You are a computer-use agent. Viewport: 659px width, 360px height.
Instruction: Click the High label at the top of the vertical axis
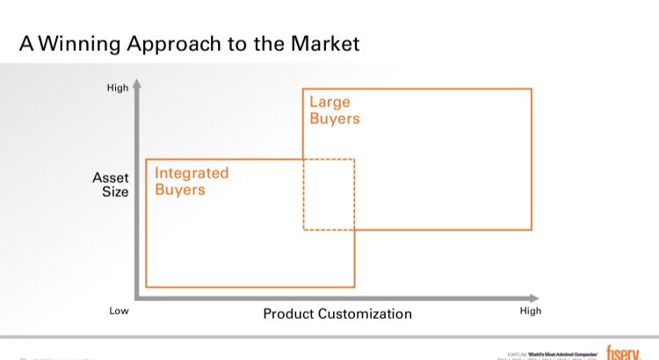(x=117, y=89)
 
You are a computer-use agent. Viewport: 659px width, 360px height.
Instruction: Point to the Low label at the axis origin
(x=119, y=311)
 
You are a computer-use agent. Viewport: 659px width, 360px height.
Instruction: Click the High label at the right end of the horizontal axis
(x=531, y=311)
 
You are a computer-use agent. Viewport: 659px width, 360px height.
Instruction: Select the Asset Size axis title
(x=111, y=184)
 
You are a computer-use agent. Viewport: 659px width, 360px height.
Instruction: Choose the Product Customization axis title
(x=337, y=313)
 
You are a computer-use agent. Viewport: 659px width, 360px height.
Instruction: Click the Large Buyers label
(x=334, y=111)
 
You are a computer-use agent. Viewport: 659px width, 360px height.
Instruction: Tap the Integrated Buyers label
(x=192, y=181)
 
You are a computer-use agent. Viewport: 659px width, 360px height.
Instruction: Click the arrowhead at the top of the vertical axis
(x=138, y=86)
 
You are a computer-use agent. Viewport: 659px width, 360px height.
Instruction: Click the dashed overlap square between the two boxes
(x=329, y=194)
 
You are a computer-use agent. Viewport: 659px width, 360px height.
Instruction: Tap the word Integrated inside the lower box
(x=192, y=173)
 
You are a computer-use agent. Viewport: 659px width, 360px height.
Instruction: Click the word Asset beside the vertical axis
(x=111, y=177)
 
